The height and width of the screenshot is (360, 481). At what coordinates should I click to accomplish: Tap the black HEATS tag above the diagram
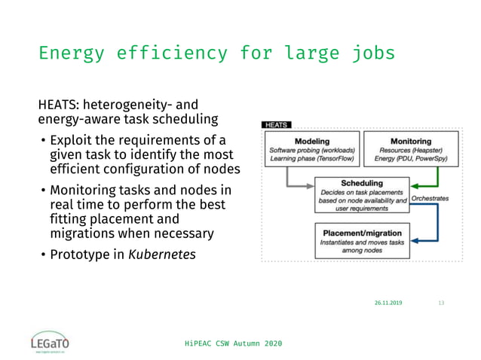coord(276,125)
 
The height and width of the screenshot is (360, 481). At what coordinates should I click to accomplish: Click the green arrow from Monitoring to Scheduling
coord(426,185)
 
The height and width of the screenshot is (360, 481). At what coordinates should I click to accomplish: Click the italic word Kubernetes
coord(161,255)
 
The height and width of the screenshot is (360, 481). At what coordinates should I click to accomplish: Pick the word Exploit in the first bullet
coord(72,140)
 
